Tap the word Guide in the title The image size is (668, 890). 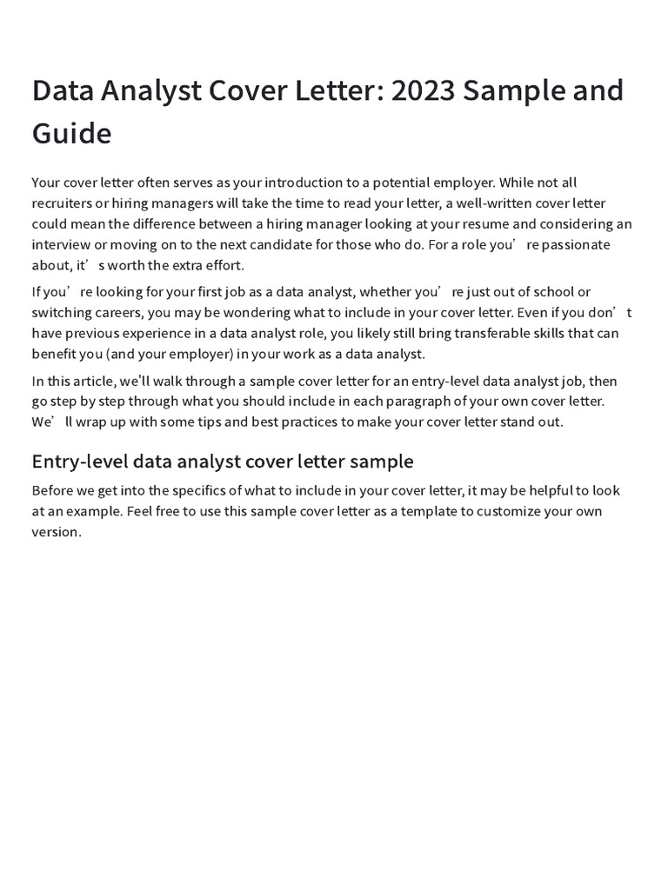71,134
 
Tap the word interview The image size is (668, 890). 60,245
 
